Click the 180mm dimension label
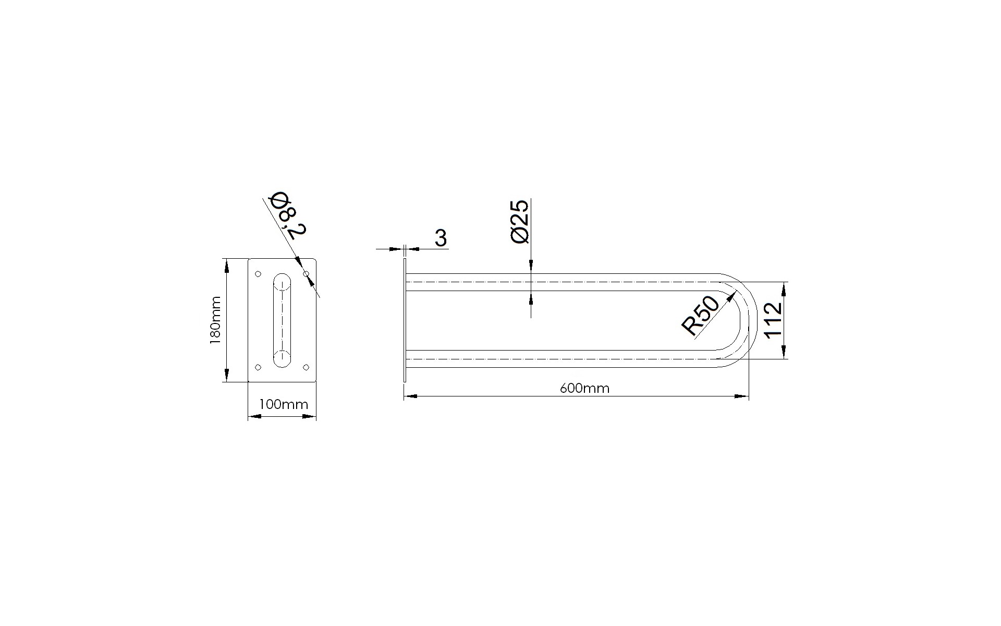[215, 320]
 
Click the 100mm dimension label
[284, 404]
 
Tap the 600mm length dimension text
[584, 389]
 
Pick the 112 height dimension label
[773, 320]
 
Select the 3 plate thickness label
[441, 238]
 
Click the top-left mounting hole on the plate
[258, 274]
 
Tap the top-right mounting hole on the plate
[307, 274]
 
